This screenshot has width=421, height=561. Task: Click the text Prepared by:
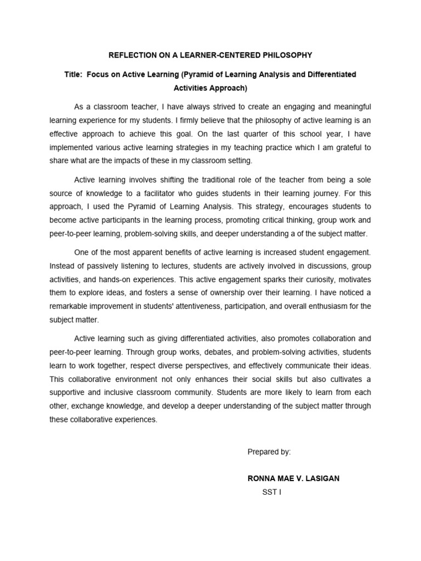(x=269, y=452)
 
